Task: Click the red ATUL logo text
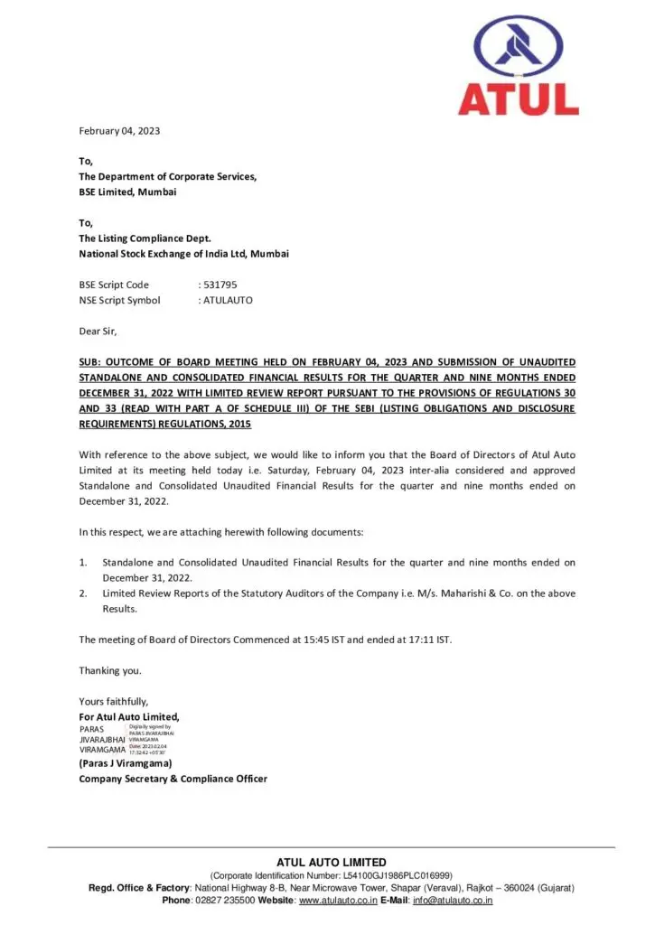coord(519,98)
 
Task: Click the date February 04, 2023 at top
coord(119,131)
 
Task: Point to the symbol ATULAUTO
coord(229,300)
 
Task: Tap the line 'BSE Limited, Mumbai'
coord(127,192)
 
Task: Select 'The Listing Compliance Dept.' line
coord(145,238)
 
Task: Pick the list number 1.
coord(83,562)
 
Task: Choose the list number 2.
coord(83,593)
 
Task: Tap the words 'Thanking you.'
coord(110,670)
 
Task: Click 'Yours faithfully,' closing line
coord(114,701)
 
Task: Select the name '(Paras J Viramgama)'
coord(126,763)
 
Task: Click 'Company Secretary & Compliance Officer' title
coord(173,779)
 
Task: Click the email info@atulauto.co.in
coord(453,901)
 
